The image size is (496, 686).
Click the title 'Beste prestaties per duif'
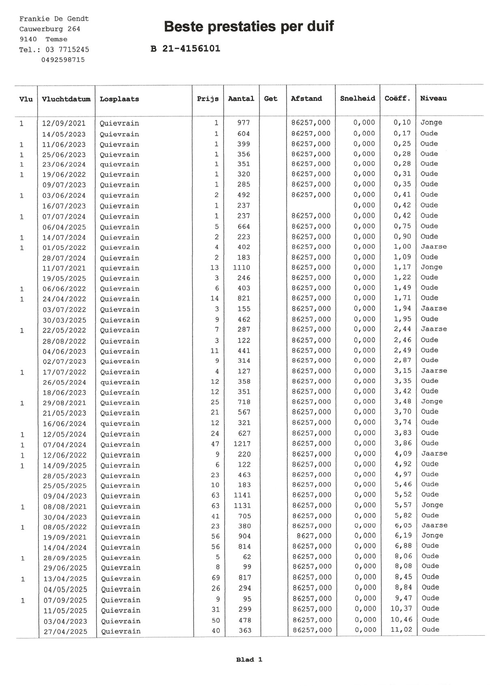[x=249, y=27]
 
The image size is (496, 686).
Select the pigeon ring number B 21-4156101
[x=185, y=49]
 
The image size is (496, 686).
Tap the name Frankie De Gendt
[x=54, y=19]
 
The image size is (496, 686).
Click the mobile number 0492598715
[x=63, y=60]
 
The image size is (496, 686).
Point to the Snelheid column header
[x=357, y=99]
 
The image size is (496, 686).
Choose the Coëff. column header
[x=397, y=99]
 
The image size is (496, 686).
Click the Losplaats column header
[x=119, y=99]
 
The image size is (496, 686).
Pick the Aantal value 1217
[x=242, y=444]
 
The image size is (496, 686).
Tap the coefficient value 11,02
[x=401, y=630]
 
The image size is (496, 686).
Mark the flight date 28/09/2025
[x=65, y=558]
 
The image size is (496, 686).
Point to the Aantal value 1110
[x=242, y=267]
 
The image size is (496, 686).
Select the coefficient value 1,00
[x=402, y=247]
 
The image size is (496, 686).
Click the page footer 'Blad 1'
[x=249, y=660]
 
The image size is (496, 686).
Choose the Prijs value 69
[x=216, y=578]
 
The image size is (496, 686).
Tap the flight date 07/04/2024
[x=65, y=444]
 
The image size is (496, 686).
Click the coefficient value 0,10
[x=402, y=123]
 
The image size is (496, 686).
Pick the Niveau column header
[x=433, y=98]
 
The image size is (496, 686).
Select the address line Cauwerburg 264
[x=50, y=29]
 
